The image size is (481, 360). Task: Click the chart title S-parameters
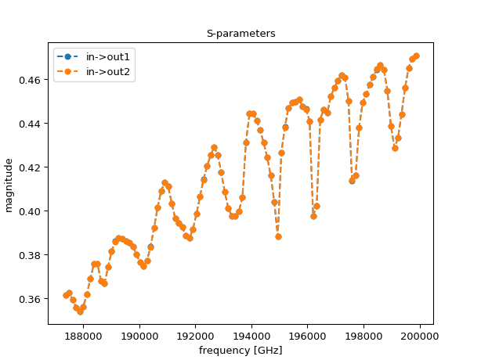pyautogui.click(x=240, y=34)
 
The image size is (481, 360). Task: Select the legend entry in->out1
pyautogui.click(x=108, y=56)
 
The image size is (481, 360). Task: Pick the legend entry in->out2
pyautogui.click(x=108, y=72)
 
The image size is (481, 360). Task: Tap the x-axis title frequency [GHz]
pyautogui.click(x=240, y=350)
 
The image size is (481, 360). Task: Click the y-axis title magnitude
pyautogui.click(x=9, y=185)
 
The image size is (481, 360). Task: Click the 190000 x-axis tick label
pyautogui.click(x=140, y=336)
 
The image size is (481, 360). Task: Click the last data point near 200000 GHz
pyautogui.click(x=416, y=56)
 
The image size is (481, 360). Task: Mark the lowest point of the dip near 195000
pyautogui.click(x=278, y=236)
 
